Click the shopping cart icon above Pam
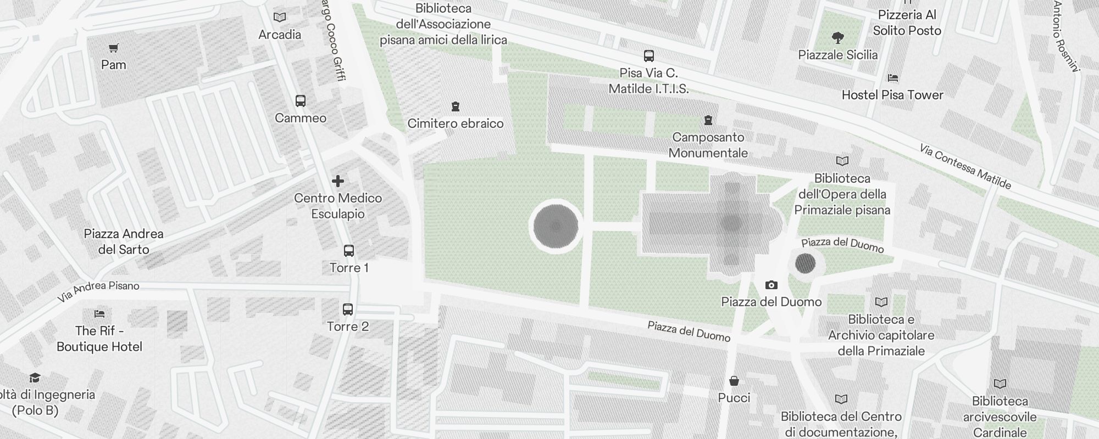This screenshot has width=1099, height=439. coord(114,48)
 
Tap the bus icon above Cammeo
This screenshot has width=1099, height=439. coord(301,101)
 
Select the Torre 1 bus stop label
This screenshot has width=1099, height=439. coord(349,268)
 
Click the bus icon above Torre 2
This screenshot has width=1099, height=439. coord(348,309)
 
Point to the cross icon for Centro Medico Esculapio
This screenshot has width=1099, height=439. coord(338,181)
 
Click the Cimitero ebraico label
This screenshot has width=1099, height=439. coord(456,123)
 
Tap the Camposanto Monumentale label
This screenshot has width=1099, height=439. coord(708,145)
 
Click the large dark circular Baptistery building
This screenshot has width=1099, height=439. coord(556,226)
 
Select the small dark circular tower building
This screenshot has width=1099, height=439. coord(805,264)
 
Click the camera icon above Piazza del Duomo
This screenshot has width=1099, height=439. coord(771,285)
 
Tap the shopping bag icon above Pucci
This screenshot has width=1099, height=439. coord(734,381)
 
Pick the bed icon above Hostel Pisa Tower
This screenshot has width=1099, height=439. coord(893,78)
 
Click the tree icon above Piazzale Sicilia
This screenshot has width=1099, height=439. coord(838,38)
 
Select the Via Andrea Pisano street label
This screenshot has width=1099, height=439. coord(99,291)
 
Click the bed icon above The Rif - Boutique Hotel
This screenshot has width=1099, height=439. coord(99,314)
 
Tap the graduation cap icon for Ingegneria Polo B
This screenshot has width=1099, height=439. coord(35,378)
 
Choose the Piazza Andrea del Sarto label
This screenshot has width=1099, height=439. coord(124,241)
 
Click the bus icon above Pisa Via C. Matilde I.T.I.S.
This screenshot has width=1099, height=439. coord(649,56)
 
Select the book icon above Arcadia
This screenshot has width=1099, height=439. coord(280,18)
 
